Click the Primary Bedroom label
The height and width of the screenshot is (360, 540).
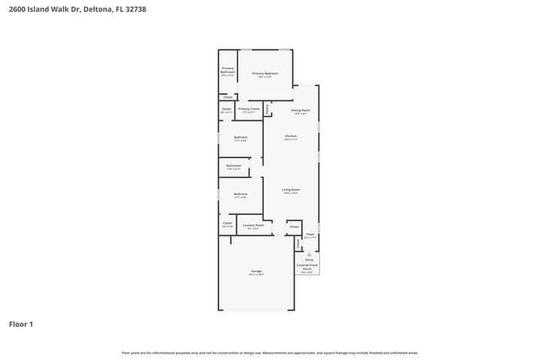click(x=265, y=74)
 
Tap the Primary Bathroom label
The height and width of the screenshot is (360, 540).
click(x=228, y=70)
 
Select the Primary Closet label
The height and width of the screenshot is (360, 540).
click(x=248, y=109)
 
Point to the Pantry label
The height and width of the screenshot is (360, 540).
click(x=268, y=109)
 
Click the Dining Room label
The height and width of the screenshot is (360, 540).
click(x=300, y=111)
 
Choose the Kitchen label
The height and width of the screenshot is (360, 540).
click(x=290, y=136)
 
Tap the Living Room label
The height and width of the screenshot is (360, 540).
click(x=290, y=190)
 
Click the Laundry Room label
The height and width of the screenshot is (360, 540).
click(x=254, y=225)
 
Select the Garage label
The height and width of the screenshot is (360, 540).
click(x=255, y=271)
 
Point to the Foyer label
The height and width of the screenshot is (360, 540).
click(x=309, y=234)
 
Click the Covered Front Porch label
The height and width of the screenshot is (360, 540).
click(x=307, y=267)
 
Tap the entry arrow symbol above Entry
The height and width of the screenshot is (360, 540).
click(x=309, y=253)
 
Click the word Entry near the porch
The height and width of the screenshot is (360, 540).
click(x=309, y=260)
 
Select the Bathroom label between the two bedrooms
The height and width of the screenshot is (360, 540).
click(x=234, y=166)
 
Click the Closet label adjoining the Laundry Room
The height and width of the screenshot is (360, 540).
click(x=227, y=224)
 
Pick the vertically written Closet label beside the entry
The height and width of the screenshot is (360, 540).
click(x=299, y=244)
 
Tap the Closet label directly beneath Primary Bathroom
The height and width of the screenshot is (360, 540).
click(x=228, y=97)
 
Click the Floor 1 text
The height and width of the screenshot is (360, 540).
click(x=21, y=325)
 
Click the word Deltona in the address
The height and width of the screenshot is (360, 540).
click(x=89, y=9)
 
